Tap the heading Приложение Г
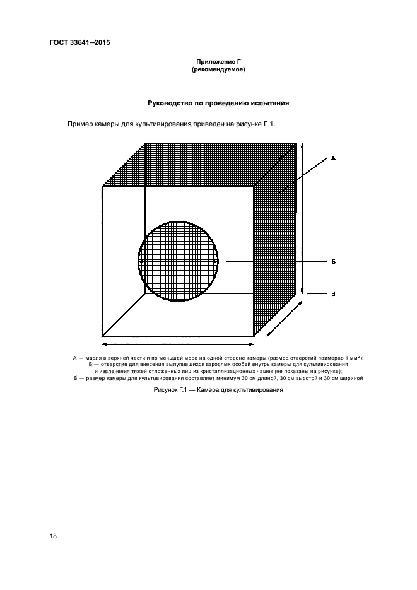[x=217, y=62]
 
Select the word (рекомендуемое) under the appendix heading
[x=218, y=69]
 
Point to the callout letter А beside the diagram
[x=332, y=158]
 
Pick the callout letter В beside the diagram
[x=332, y=293]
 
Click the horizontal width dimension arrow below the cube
[x=178, y=344]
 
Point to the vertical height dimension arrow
[x=303, y=218]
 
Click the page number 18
[x=53, y=536]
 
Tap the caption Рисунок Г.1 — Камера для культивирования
[x=218, y=391]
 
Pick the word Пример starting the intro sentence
[x=81, y=124]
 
